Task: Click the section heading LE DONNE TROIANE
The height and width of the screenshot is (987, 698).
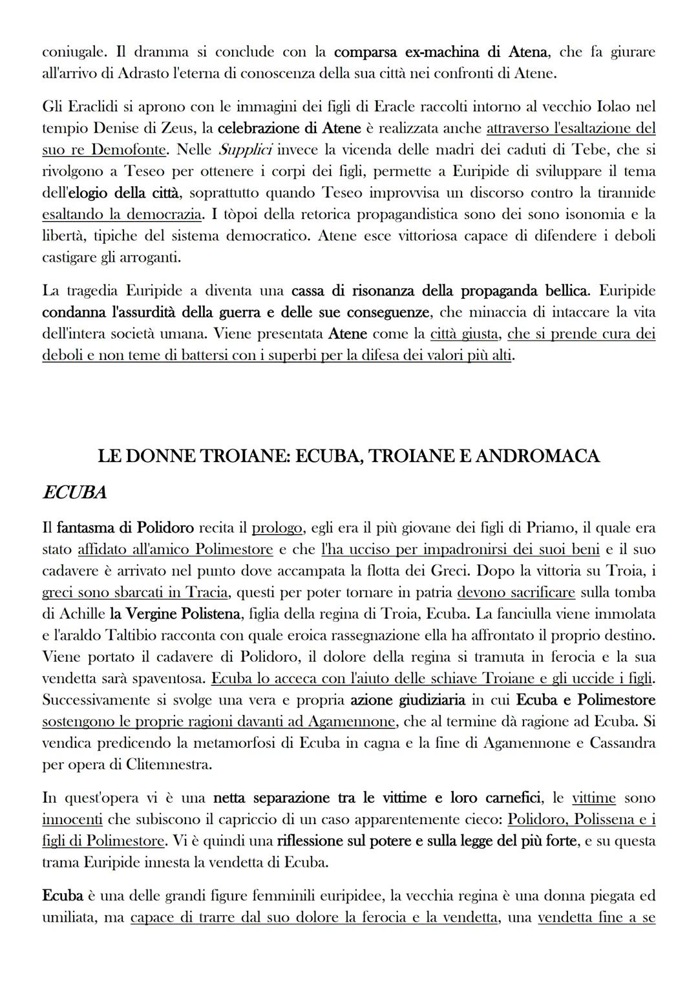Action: pos(348,456)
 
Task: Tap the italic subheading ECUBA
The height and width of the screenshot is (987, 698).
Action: pos(74,493)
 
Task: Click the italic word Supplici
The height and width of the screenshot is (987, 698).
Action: pos(244,150)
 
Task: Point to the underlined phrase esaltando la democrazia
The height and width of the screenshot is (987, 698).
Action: pos(122,214)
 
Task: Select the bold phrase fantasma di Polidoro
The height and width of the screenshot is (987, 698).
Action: pos(125,528)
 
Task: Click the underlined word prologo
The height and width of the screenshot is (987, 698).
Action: pos(277,528)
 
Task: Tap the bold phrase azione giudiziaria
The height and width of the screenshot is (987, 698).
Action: pos(408,700)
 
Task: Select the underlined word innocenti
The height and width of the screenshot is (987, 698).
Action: pos(72,820)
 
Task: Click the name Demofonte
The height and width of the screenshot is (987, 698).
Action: pos(129,150)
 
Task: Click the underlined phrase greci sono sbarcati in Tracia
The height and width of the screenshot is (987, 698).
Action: pos(134,593)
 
